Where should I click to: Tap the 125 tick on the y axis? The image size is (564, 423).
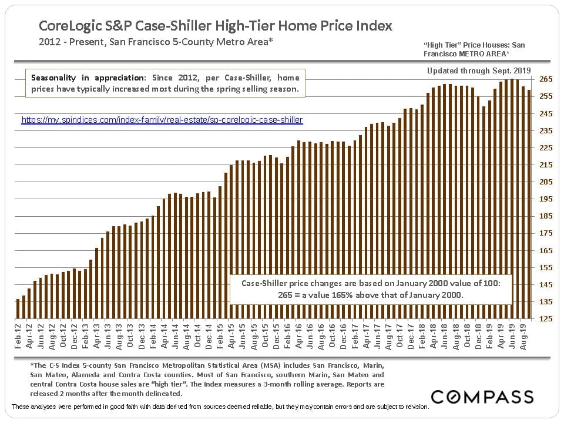pyautogui.click(x=546, y=319)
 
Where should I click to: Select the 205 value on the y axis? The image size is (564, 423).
pyautogui.click(x=546, y=182)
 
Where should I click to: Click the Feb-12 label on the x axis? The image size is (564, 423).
pyautogui.click(x=18, y=338)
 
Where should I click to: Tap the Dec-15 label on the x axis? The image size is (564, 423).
pyautogui.click(x=277, y=338)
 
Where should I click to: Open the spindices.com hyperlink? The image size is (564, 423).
pyautogui.click(x=162, y=120)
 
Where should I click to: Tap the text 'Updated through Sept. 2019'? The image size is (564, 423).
pyautogui.click(x=479, y=71)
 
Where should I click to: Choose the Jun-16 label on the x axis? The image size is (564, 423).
pyautogui.click(x=310, y=338)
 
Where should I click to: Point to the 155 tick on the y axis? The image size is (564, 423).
pyautogui.click(x=546, y=267)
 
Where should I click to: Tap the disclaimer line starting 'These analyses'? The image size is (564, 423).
pyautogui.click(x=220, y=407)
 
